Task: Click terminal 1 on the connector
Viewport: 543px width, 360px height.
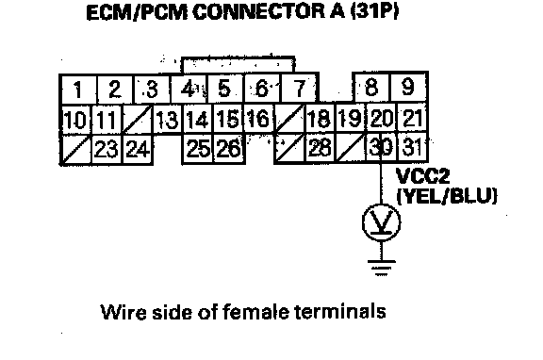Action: coord(78,89)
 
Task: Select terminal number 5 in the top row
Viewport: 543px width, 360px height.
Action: coord(225,88)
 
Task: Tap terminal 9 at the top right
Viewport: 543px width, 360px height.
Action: coord(408,87)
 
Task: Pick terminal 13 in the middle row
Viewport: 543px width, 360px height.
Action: coord(167,119)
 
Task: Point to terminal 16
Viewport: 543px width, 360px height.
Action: coord(258,118)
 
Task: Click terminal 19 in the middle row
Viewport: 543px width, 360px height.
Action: coord(350,119)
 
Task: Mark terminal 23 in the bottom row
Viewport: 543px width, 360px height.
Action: coord(107,149)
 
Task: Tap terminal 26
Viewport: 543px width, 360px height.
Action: coord(228,149)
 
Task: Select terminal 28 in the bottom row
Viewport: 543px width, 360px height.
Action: coord(320,148)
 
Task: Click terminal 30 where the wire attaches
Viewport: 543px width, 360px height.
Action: coord(381,147)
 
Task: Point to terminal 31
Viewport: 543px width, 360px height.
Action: coord(412,147)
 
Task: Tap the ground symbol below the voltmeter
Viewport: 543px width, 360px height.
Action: coord(381,267)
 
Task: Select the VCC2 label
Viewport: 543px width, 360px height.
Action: coord(422,176)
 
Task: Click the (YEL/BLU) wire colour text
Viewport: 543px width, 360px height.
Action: coord(447,196)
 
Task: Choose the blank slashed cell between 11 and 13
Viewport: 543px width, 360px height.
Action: coord(138,119)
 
